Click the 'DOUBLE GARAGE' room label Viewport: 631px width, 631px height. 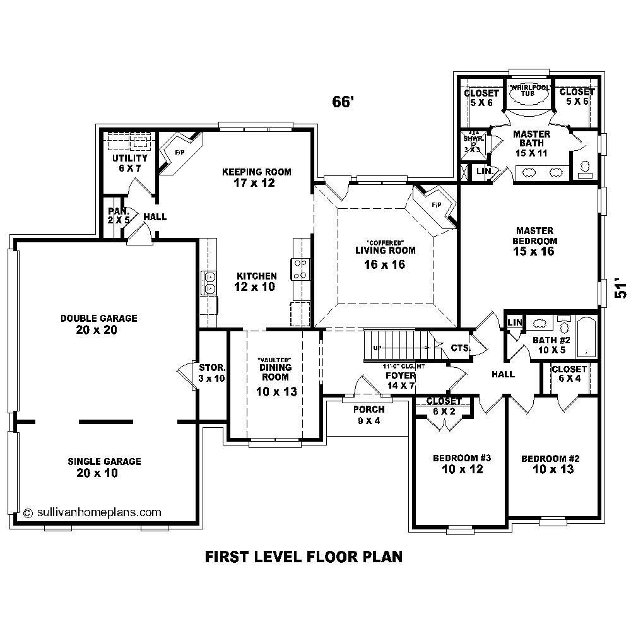pos(99,319)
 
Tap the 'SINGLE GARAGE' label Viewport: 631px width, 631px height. pos(105,462)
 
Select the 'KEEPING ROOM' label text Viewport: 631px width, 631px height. pos(257,172)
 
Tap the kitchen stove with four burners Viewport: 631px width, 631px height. pos(300,269)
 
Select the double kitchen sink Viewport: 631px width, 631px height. pos(208,282)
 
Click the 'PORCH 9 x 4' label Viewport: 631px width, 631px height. pos(369,410)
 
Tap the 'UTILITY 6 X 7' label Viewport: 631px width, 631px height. pos(130,158)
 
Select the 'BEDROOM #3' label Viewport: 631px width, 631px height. pos(458,458)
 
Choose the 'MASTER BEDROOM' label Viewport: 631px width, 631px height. pos(534,236)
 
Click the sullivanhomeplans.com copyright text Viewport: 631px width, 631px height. pos(92,512)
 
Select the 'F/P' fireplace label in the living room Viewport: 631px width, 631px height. pos(436,204)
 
